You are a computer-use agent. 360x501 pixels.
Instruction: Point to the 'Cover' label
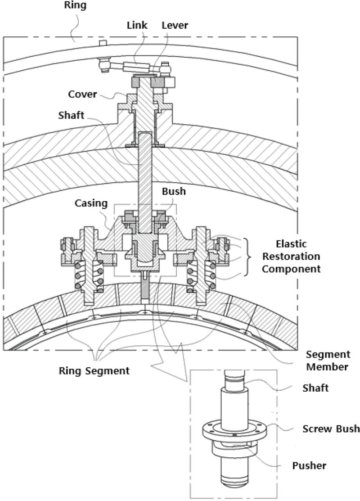(83, 95)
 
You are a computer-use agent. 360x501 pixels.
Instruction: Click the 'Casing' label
(92, 203)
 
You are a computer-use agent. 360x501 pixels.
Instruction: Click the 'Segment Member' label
(328, 361)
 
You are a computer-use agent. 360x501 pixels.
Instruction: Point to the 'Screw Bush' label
(331, 429)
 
